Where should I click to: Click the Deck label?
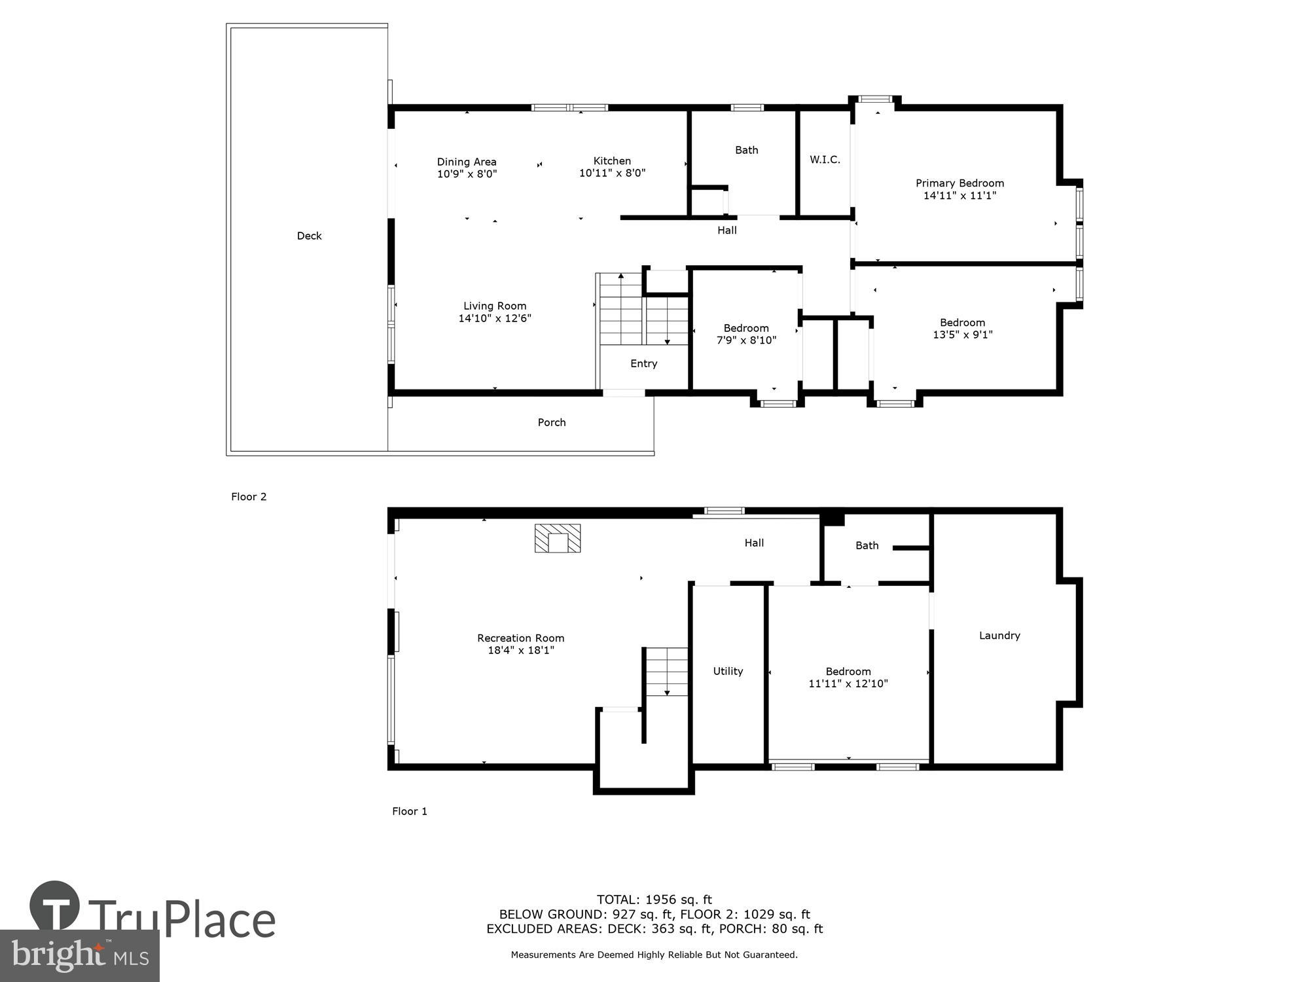click(309, 236)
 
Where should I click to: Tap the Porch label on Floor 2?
click(551, 422)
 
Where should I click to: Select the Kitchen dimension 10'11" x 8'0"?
click(612, 173)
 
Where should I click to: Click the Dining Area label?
click(467, 162)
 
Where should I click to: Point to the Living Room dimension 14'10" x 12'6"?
click(494, 318)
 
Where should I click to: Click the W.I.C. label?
click(825, 160)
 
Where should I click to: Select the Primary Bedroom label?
click(959, 183)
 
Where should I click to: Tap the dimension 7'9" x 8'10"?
click(746, 340)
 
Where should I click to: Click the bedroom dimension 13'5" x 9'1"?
click(962, 335)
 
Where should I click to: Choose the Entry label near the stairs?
click(643, 363)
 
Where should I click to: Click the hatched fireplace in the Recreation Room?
click(558, 538)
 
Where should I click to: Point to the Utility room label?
click(728, 671)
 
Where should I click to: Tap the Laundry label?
click(999, 635)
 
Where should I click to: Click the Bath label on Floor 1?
click(867, 545)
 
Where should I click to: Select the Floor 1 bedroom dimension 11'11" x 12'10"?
click(848, 683)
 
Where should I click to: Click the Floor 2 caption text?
click(249, 496)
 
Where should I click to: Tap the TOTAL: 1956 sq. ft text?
click(654, 900)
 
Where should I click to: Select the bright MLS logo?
click(80, 956)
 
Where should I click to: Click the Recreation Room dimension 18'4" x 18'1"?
click(520, 650)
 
